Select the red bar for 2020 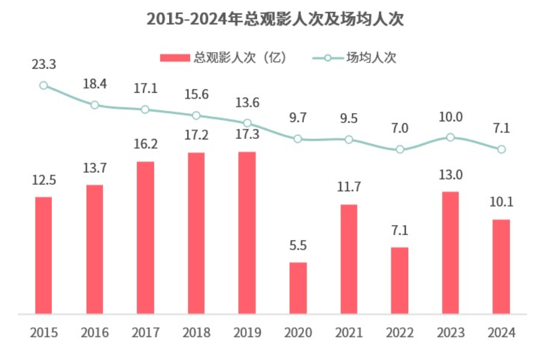pos(298,288)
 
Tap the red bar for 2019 pos(247,233)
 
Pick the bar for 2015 pos(43,256)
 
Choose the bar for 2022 pos(400,281)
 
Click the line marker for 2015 pos(44,85)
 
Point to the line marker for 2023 pos(450,137)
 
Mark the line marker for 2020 pos(298,139)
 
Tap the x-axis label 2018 pos(196,333)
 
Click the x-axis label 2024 pos(501,333)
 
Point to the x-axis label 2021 pos(349,333)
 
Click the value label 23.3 pos(44,65)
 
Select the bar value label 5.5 pos(298,244)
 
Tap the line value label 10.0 pos(450,117)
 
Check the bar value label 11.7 pos(349,187)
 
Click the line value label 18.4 pos(94,84)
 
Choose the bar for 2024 pos(501,267)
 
